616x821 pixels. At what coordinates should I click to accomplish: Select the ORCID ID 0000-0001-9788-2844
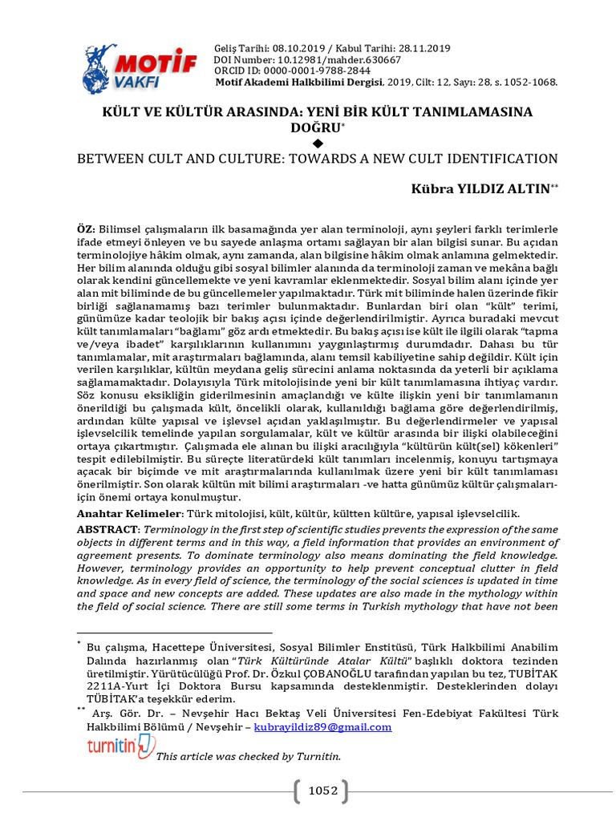pos(314,70)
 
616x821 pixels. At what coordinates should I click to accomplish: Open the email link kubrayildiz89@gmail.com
pos(323,727)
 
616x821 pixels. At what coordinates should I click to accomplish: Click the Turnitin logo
pos(120,746)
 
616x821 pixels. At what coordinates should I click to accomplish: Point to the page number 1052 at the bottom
pos(323,791)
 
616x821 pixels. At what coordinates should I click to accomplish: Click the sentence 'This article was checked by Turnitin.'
pos(249,756)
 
